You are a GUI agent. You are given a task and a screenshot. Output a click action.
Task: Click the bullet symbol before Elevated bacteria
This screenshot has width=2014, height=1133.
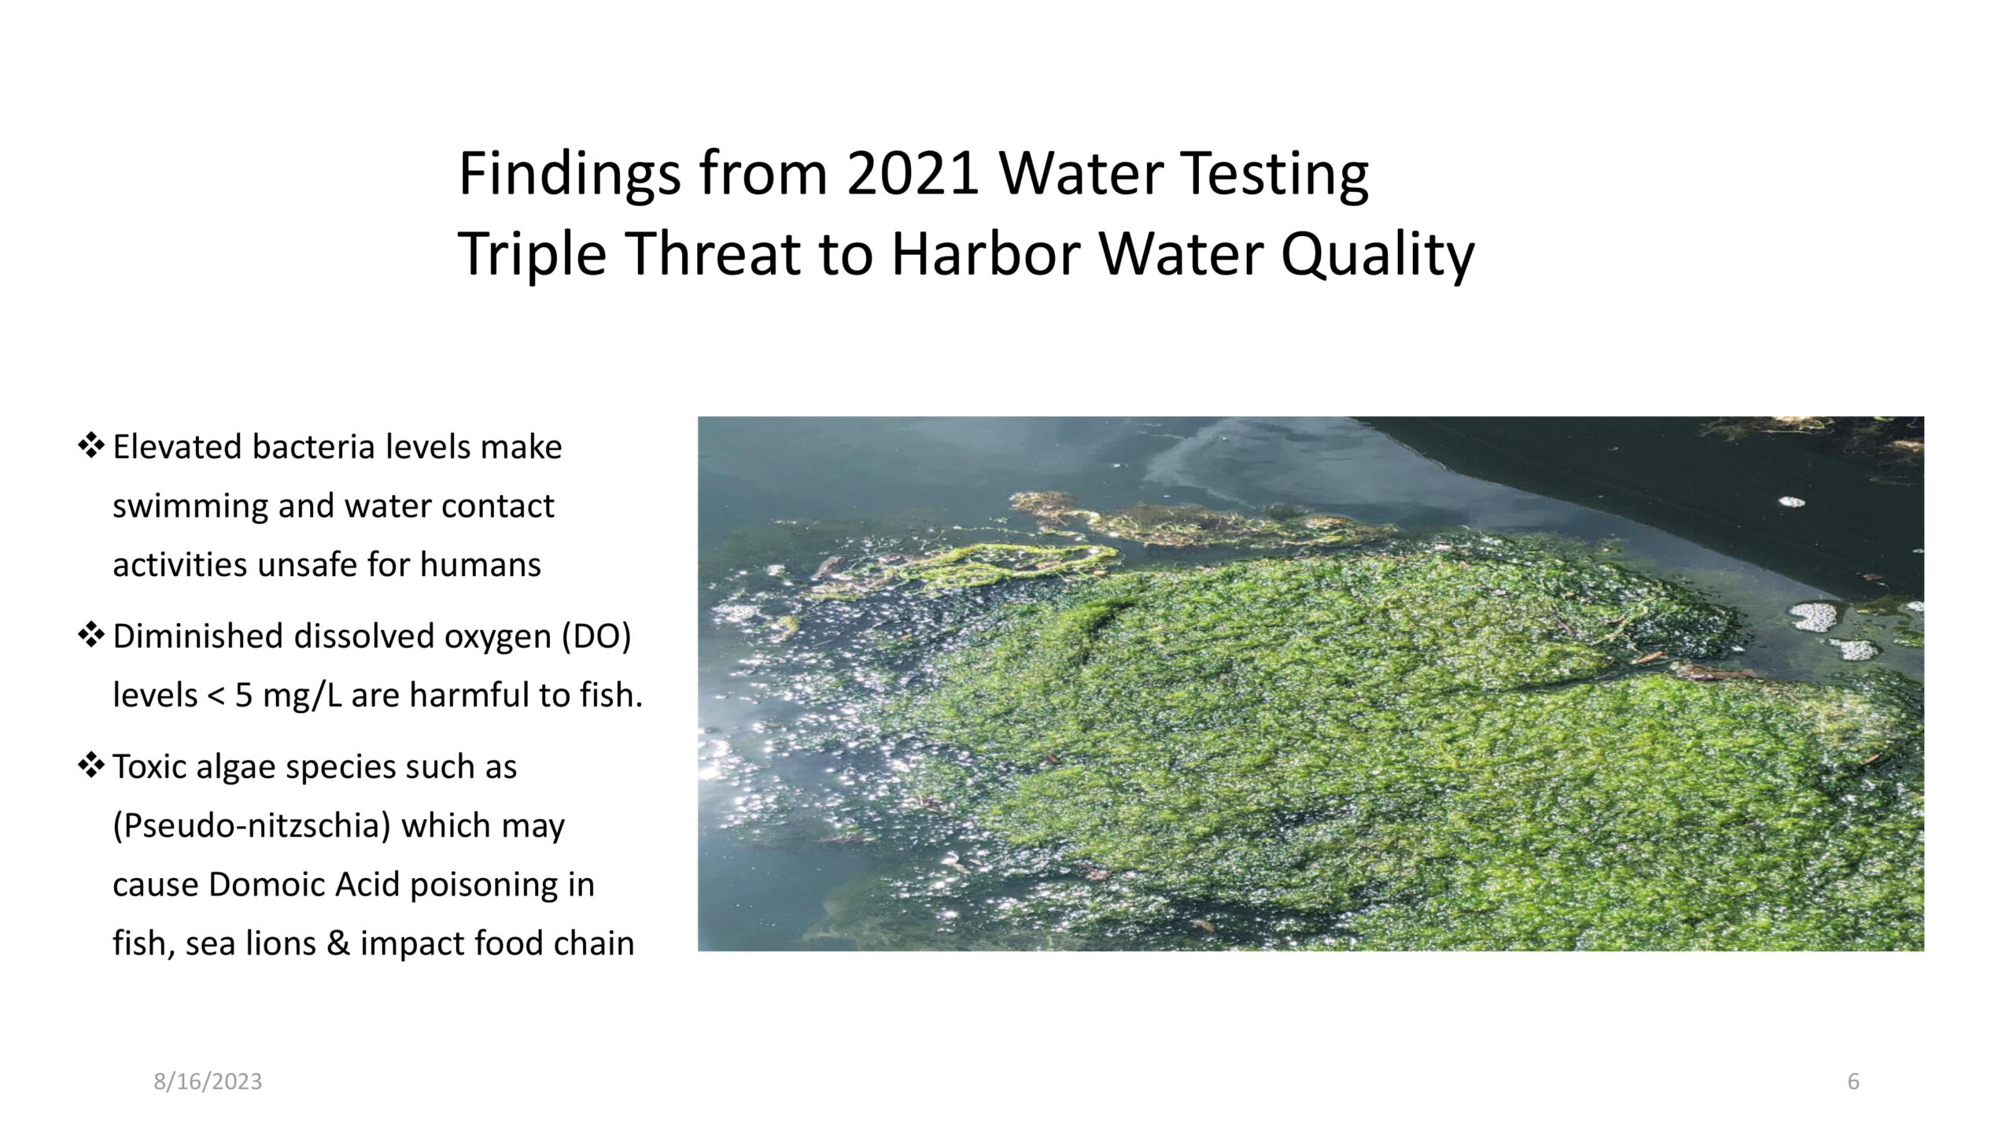[91, 445]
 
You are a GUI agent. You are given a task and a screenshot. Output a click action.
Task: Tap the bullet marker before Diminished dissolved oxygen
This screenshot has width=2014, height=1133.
[91, 635]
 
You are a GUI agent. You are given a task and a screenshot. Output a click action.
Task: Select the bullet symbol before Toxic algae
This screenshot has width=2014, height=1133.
[91, 766]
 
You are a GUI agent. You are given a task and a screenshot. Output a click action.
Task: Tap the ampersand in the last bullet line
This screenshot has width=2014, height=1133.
[338, 943]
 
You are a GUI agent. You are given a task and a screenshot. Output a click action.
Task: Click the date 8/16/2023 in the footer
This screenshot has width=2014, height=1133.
[208, 1082]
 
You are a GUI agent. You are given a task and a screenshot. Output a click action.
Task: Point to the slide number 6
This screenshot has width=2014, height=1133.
[1853, 1082]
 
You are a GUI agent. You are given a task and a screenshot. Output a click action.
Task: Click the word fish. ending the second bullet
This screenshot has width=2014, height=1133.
[611, 696]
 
